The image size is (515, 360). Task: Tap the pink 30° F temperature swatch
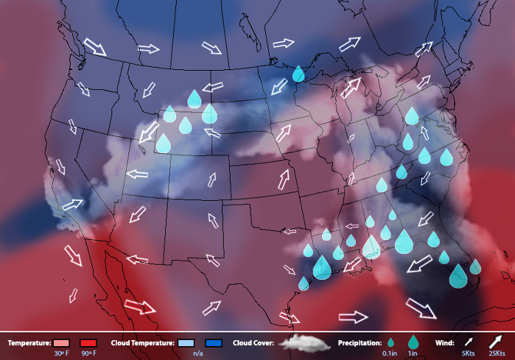62,342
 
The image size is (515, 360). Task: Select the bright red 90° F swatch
88,342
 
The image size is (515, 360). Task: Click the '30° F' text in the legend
61,353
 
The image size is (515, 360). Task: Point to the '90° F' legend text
88,353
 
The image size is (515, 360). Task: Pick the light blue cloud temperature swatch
188,342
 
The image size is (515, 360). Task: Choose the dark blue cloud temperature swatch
214,342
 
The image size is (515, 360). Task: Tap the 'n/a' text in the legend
198,353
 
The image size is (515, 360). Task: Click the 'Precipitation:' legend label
360,342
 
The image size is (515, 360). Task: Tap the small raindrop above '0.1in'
390,342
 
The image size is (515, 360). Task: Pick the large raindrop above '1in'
414,342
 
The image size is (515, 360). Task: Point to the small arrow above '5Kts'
467,341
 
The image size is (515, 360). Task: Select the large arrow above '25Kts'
495,340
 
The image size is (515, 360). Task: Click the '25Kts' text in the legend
496,353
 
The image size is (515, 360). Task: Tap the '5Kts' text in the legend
467,353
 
